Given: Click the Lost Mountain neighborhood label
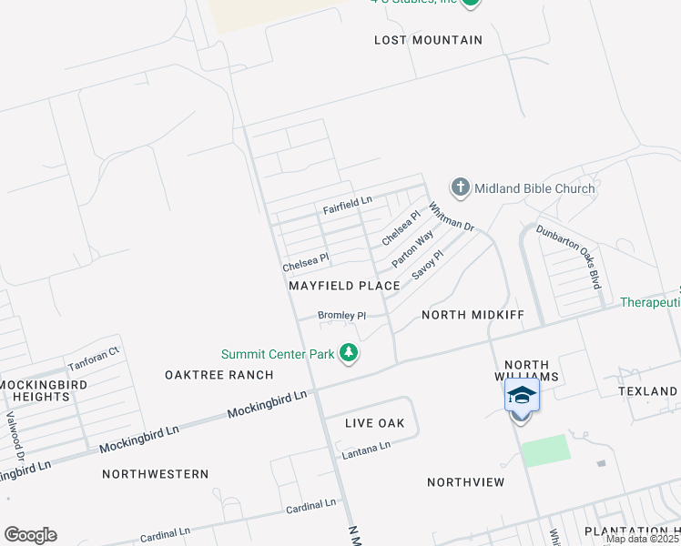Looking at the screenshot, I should [428, 40].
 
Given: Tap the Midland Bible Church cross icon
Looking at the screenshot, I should [460, 188].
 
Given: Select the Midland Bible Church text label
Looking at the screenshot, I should [534, 189].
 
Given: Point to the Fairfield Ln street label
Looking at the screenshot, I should [348, 205].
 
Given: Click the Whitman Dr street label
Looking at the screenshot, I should [452, 217].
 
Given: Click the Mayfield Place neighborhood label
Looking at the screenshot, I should [344, 286].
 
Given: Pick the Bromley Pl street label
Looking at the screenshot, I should [341, 316].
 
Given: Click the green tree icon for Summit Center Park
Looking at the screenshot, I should [347, 353].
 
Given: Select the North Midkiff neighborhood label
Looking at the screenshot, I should [473, 315].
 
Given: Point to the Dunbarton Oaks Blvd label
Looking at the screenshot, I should [569, 256].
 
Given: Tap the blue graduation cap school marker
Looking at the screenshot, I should [522, 396].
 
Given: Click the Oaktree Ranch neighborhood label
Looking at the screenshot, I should [219, 375].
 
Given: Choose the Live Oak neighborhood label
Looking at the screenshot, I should [375, 423].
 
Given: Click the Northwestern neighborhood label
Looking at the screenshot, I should [155, 474].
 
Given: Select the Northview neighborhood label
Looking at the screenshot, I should [465, 481].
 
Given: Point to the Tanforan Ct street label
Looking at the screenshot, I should [94, 359].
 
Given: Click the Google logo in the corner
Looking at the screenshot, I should [30, 535].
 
